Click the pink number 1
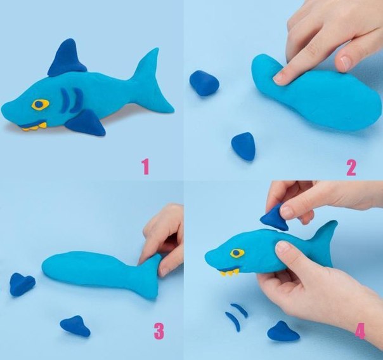(x=146, y=166)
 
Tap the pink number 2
(x=351, y=168)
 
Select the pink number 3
(x=159, y=331)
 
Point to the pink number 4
(x=360, y=331)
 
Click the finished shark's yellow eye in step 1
(x=41, y=104)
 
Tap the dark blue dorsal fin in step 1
(x=67, y=58)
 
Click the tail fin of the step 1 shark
(x=153, y=81)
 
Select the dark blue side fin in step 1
(x=87, y=123)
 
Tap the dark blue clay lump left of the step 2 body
(x=204, y=83)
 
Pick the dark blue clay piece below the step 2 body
(x=243, y=146)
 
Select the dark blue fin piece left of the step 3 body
(x=22, y=284)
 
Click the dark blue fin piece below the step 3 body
(x=75, y=326)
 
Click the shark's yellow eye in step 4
(x=237, y=253)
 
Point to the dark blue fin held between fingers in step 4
(x=275, y=218)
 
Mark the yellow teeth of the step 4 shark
(x=229, y=272)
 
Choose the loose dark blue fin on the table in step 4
(x=283, y=331)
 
